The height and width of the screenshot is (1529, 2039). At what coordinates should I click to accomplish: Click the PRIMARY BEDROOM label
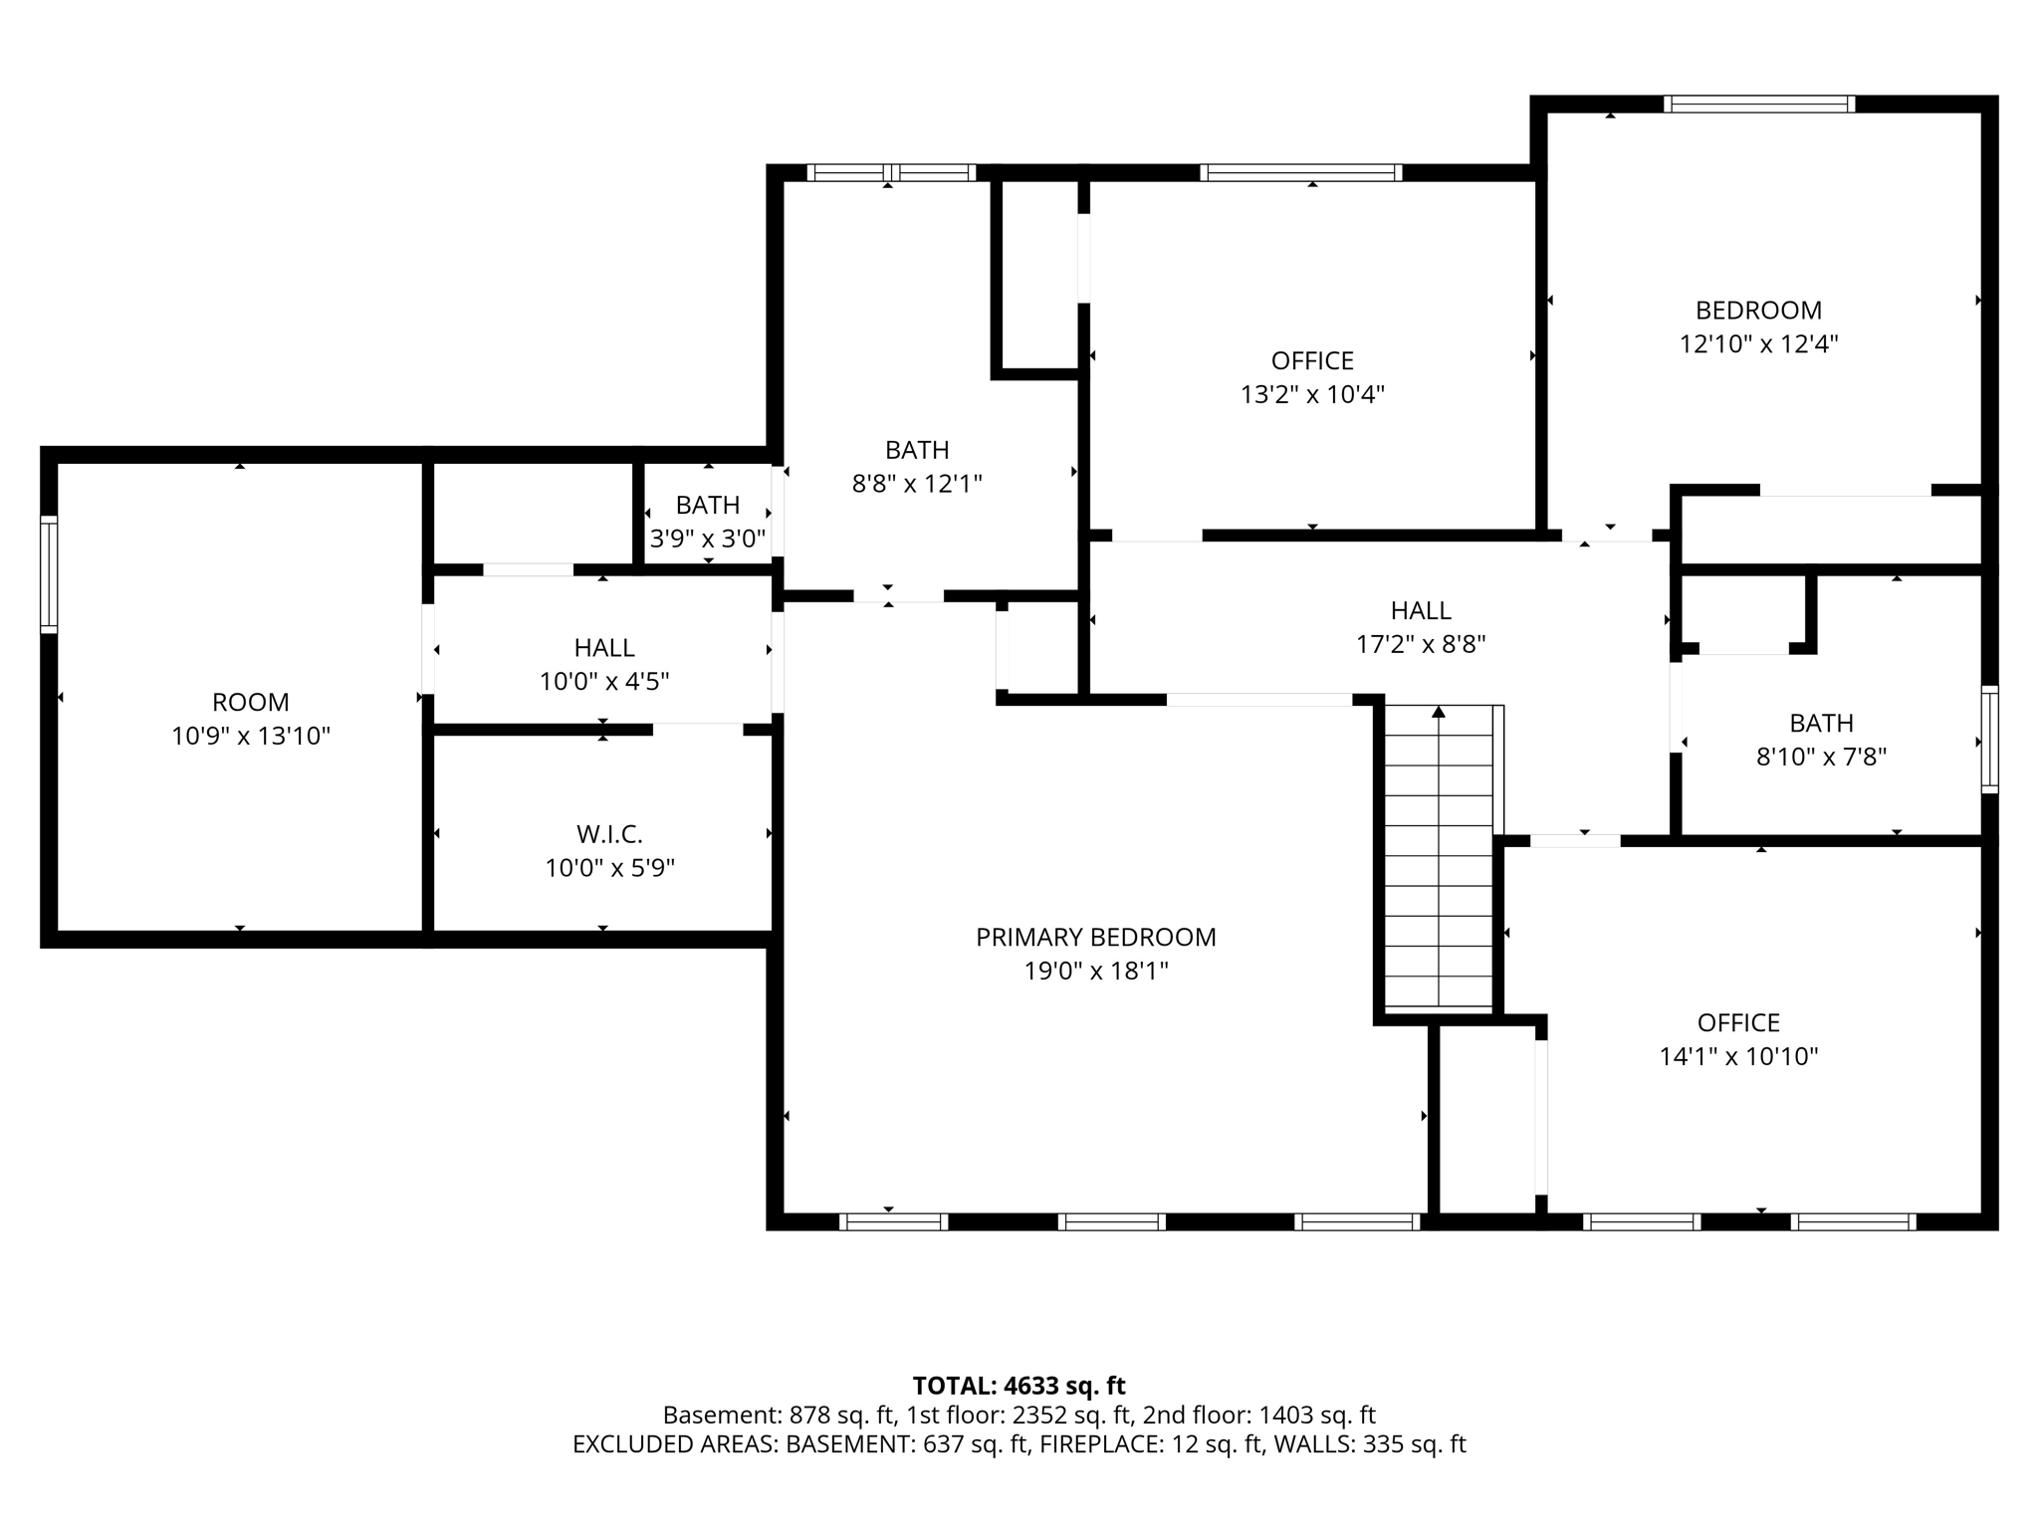click(1095, 937)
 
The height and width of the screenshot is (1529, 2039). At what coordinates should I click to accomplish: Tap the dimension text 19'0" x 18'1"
click(1095, 971)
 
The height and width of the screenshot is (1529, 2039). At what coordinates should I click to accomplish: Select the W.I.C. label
click(609, 834)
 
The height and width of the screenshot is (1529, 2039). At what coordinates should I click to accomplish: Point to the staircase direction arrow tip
click(1439, 711)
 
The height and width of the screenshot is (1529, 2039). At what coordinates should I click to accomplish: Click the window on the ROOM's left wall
click(49, 573)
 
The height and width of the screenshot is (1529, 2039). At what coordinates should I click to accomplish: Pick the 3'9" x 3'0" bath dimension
click(708, 539)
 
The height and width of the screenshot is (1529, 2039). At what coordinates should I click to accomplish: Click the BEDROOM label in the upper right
click(1758, 310)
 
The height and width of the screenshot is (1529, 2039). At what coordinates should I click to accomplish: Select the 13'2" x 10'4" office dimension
click(1312, 394)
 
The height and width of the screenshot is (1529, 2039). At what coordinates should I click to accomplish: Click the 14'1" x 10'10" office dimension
click(1738, 1056)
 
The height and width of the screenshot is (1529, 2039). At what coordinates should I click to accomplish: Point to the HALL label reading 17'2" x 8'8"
click(1421, 610)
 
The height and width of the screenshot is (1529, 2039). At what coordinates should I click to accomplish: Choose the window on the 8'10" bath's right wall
click(1989, 739)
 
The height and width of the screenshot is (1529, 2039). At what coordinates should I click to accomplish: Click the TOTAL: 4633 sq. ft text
click(1019, 1386)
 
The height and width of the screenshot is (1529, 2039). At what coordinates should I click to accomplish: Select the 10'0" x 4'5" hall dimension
click(604, 682)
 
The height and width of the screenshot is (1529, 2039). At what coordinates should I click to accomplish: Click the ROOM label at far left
click(251, 702)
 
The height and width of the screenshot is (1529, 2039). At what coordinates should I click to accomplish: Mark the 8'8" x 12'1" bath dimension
click(917, 484)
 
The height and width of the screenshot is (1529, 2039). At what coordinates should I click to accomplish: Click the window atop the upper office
click(1300, 172)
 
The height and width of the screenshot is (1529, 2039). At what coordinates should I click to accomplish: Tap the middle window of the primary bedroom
click(1111, 1221)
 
